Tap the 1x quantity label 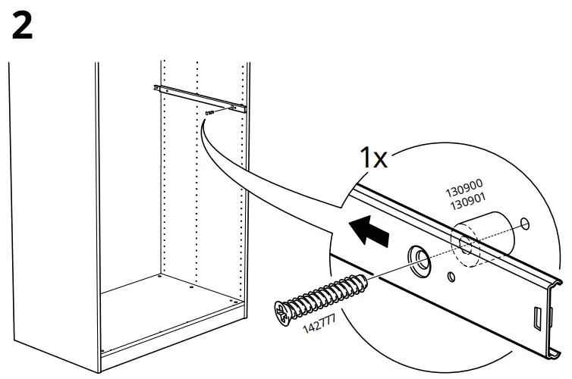pyautogui.click(x=373, y=158)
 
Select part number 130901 pyautogui.click(x=467, y=201)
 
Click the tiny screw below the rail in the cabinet pyautogui.click(x=209, y=112)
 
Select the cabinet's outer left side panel pyautogui.click(x=53, y=212)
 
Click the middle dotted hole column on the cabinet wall pyautogui.click(x=197, y=189)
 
